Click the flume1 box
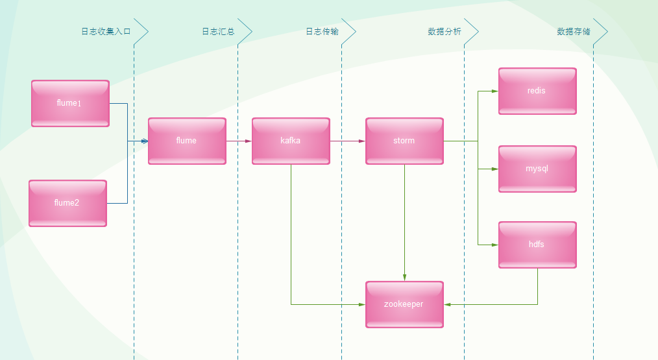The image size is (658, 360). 70,103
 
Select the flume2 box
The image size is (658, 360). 67,203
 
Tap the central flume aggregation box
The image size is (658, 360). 187,141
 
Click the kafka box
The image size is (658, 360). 291,141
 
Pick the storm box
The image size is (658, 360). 404,141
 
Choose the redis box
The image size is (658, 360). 537,91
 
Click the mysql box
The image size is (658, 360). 537,169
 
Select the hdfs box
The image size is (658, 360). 537,245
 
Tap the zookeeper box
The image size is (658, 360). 404,304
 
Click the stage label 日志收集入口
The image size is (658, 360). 106,31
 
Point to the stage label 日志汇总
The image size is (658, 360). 218,31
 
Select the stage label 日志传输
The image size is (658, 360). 322,31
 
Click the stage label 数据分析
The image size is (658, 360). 445,31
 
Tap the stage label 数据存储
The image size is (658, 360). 574,31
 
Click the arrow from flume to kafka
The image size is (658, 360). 239,141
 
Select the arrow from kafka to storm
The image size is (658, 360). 347,141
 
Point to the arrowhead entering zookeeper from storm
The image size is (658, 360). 404,278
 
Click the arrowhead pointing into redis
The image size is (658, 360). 494,91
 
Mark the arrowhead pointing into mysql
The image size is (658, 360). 494,169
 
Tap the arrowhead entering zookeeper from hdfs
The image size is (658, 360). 448,304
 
